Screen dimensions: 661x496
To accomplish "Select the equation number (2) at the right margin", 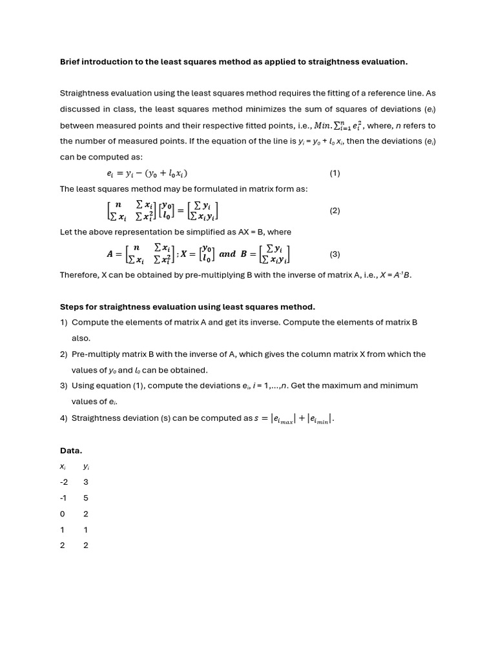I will [335, 210].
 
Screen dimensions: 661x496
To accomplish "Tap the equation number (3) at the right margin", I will [335, 254].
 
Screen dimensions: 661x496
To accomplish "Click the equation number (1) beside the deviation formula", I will [335, 173].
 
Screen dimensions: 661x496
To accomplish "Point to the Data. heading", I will [71, 451].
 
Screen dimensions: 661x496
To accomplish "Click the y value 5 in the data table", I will [86, 498].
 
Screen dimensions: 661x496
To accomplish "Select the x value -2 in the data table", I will [63, 482].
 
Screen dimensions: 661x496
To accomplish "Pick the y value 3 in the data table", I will [86, 482].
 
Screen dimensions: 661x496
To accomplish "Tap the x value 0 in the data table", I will [62, 514].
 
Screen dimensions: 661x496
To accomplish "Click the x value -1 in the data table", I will [63, 498].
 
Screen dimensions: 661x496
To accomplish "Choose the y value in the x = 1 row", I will [86, 529].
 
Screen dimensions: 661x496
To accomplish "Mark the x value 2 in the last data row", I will [62, 545].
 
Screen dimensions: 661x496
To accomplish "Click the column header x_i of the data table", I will [62, 467].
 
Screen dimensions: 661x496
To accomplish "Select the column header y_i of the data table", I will [86, 467].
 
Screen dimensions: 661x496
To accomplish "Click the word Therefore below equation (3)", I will [79, 275].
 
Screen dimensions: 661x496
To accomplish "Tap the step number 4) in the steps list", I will [64, 418].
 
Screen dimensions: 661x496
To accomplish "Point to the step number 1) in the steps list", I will [64, 322].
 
